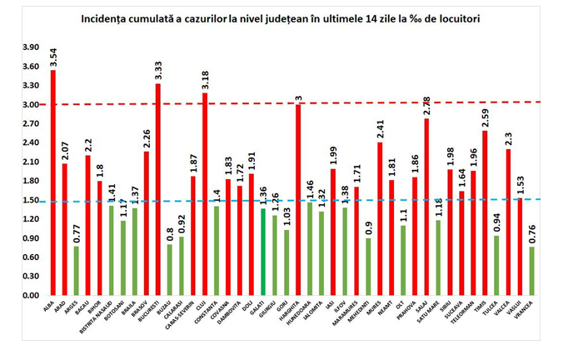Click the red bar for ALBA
point(53,183)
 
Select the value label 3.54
point(53,58)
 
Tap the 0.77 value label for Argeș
point(77,234)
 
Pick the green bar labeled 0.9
point(368,267)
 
